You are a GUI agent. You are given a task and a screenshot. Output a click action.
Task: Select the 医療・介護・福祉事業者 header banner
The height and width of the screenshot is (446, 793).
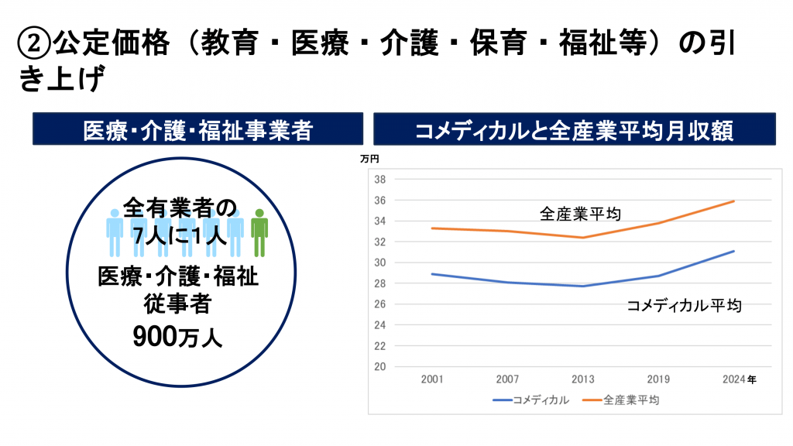click(x=197, y=129)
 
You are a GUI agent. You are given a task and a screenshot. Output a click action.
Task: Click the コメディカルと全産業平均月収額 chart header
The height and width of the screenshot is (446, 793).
click(x=575, y=129)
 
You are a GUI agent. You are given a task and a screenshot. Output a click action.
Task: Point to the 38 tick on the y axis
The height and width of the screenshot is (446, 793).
click(x=380, y=179)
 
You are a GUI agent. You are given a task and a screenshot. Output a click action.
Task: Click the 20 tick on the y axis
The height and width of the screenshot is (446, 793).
click(x=380, y=367)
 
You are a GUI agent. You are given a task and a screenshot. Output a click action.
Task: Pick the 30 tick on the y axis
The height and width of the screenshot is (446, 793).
click(x=380, y=262)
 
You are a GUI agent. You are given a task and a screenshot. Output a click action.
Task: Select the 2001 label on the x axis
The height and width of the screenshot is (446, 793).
click(x=432, y=379)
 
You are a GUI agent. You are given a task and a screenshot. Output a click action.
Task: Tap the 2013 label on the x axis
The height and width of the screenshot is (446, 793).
click(x=582, y=379)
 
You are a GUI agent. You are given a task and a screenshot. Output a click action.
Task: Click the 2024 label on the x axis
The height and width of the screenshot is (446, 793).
click(x=733, y=379)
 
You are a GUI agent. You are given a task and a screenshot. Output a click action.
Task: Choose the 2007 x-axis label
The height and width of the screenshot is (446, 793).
click(x=507, y=379)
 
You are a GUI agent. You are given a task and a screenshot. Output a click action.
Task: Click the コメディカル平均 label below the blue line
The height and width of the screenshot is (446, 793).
click(x=684, y=305)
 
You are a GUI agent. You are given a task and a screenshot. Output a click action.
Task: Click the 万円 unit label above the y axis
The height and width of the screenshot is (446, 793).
click(x=370, y=160)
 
